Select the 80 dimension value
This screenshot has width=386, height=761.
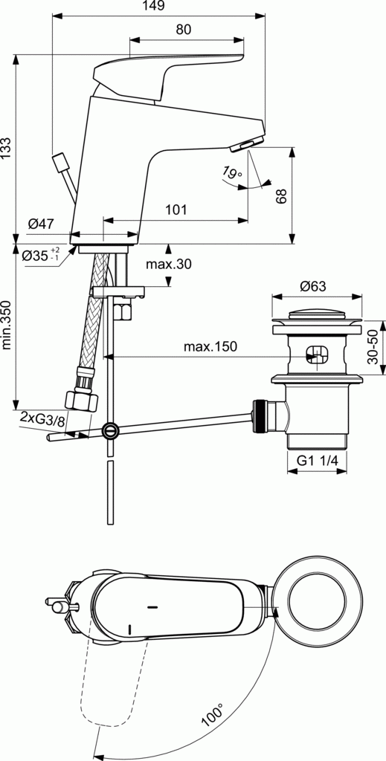click(184, 30)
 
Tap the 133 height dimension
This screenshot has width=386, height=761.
click(7, 149)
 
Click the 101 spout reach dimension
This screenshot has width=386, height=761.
click(176, 210)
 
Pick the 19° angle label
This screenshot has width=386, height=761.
click(232, 174)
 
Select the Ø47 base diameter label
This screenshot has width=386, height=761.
click(42, 224)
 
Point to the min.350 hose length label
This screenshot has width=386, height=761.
click(7, 325)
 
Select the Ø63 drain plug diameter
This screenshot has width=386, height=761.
click(314, 286)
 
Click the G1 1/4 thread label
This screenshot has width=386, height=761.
click(318, 461)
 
